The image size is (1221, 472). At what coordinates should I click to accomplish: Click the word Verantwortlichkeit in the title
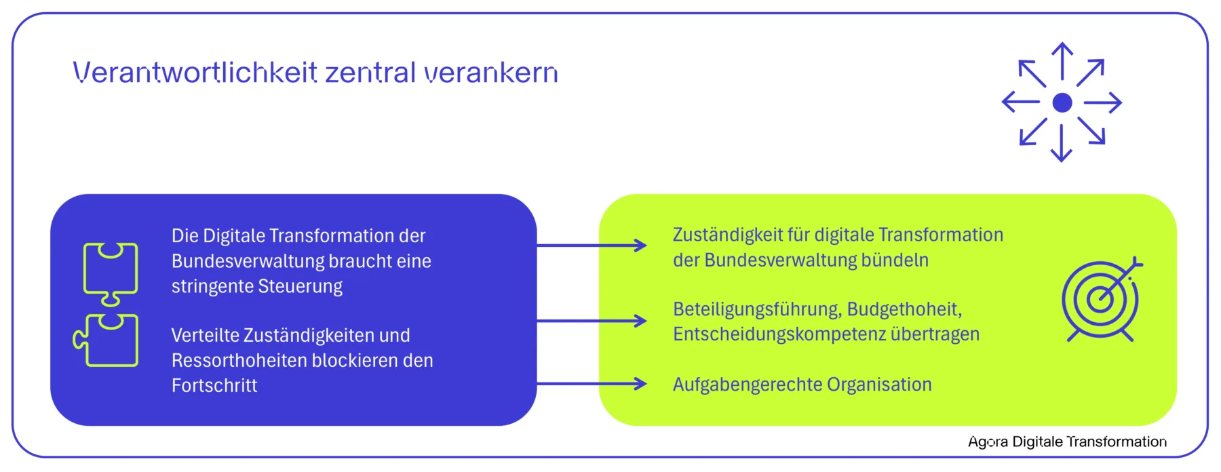tap(195, 72)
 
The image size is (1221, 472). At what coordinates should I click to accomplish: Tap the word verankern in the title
tap(491, 73)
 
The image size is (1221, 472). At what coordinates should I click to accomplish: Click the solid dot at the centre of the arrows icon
tap(1062, 102)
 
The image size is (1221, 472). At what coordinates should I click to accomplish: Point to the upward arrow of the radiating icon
tap(1062, 62)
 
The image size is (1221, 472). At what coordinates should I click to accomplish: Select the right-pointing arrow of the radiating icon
tap(1103, 102)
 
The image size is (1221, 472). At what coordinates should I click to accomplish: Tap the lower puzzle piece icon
tap(106, 340)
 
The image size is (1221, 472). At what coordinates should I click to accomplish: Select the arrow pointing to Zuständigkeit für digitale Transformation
tap(592, 245)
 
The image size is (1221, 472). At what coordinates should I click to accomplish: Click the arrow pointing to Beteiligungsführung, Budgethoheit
tap(592, 320)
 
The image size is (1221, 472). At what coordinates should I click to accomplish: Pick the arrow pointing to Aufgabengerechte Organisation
tap(592, 384)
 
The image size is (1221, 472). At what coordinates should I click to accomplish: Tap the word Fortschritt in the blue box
tap(214, 385)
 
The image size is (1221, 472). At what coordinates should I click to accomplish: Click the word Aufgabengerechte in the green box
tap(747, 385)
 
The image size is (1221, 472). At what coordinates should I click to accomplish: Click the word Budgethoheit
tap(904, 309)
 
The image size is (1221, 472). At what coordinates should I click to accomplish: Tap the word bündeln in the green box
tap(895, 260)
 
